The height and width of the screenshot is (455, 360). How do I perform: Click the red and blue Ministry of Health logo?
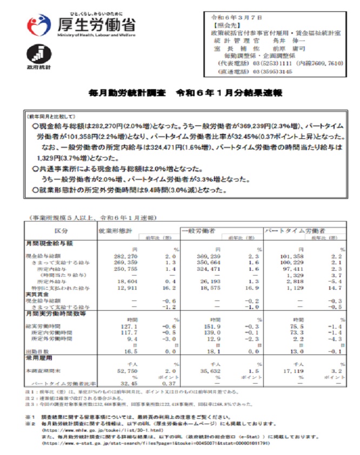pyautogui.click(x=38, y=26)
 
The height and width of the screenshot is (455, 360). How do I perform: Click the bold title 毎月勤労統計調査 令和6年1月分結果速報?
pyautogui.click(x=185, y=93)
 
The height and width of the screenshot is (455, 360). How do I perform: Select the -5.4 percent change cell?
pyautogui.click(x=335, y=282)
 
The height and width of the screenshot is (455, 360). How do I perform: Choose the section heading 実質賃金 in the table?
pyautogui.click(x=37, y=294)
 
